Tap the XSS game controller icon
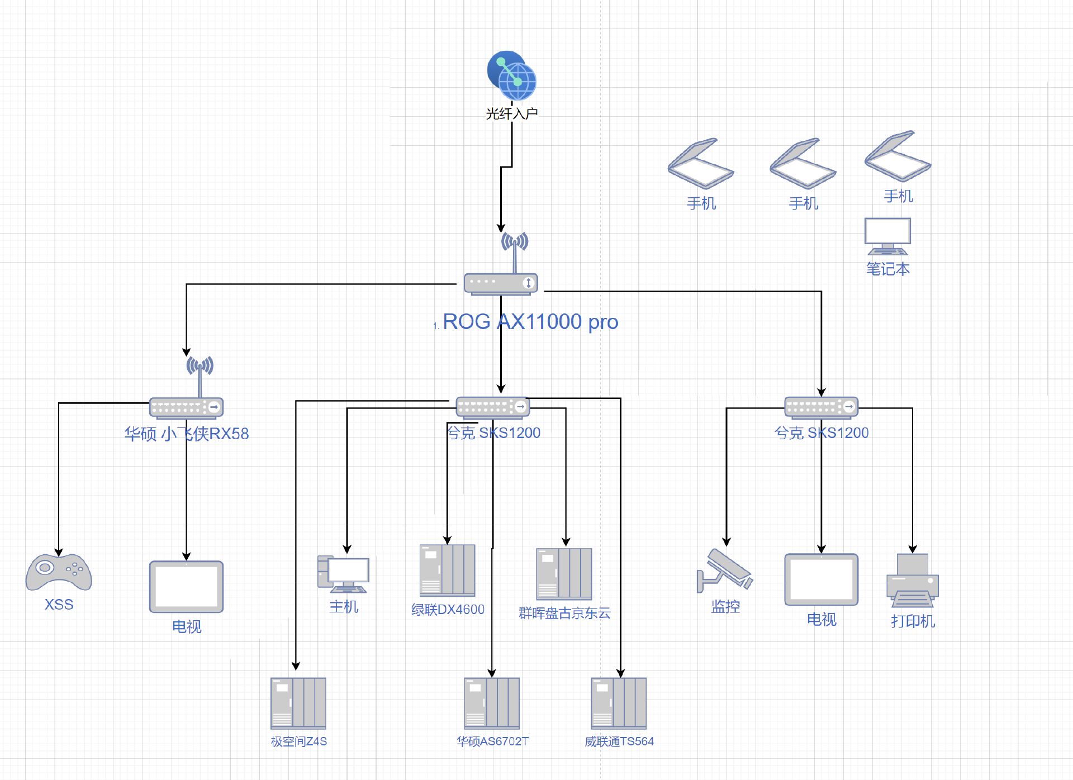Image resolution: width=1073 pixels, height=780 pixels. tap(59, 572)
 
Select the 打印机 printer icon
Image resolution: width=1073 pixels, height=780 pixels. tap(913, 581)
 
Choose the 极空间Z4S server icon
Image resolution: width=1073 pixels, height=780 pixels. tap(298, 703)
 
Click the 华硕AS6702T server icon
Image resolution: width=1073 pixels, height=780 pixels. tap(492, 703)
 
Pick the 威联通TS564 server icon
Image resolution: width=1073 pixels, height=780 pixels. tap(619, 703)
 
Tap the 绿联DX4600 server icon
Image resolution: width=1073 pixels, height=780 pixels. tap(448, 570)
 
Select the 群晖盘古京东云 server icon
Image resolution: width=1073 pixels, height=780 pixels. tap(564, 574)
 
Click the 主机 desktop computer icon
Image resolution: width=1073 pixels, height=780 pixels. tap(343, 574)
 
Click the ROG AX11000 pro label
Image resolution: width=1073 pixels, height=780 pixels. tap(530, 322)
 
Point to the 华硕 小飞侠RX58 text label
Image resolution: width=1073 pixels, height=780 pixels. tap(187, 434)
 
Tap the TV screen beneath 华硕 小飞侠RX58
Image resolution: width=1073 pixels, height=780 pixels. tap(186, 587)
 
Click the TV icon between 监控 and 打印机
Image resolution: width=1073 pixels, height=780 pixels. tap(822, 580)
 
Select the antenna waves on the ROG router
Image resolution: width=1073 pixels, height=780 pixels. tap(515, 241)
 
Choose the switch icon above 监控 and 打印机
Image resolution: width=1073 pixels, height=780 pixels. tap(822, 407)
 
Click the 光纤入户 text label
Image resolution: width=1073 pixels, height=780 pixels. tap(512, 113)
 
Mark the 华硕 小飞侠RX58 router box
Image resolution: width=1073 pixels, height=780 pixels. tap(186, 407)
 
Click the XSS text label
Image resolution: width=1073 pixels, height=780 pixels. tap(59, 605)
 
